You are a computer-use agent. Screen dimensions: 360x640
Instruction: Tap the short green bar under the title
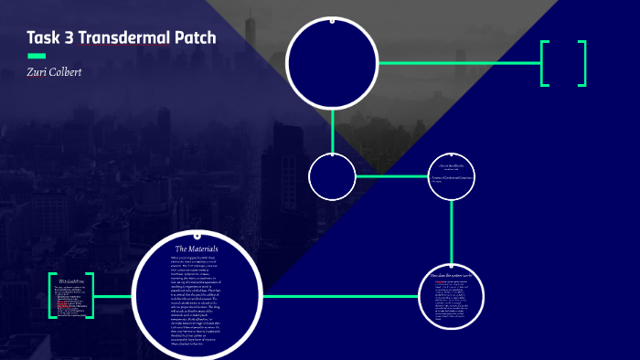[x=37, y=56]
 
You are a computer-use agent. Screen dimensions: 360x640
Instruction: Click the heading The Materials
[x=196, y=249]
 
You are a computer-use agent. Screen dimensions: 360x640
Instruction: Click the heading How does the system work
[x=452, y=274]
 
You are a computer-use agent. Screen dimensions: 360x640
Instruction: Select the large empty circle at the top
[x=332, y=62]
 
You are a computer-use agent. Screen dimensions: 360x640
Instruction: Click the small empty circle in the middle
[x=332, y=176]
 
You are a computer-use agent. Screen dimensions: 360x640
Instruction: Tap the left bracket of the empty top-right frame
[x=545, y=63]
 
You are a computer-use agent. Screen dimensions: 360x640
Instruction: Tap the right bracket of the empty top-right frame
[x=581, y=63]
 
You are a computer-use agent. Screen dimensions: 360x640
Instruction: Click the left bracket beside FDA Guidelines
[x=52, y=295]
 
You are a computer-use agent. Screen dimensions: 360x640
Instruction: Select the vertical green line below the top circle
[x=332, y=130]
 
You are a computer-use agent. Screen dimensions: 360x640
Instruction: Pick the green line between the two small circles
[x=391, y=176]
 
